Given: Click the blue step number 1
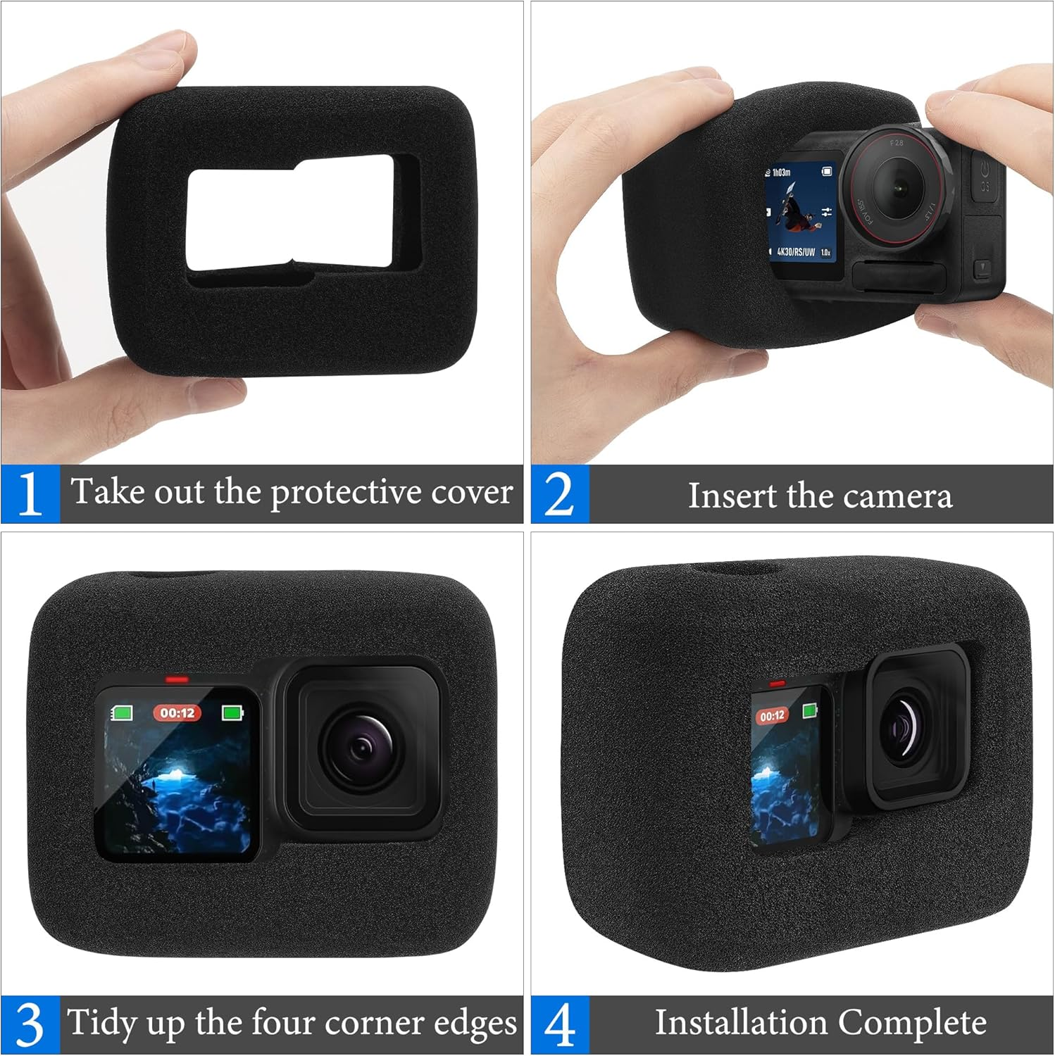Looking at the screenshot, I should click(30, 494).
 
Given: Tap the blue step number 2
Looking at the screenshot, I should click(559, 495).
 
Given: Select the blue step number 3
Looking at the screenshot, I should click(30, 1025).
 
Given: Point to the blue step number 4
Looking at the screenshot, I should click(559, 1025).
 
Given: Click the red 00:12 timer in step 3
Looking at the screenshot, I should click(177, 712).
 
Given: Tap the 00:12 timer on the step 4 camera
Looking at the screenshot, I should click(773, 716).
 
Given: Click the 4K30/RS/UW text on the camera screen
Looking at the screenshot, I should click(796, 251).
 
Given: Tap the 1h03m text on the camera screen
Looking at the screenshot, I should click(781, 172).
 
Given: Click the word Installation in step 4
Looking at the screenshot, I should click(741, 1023).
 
